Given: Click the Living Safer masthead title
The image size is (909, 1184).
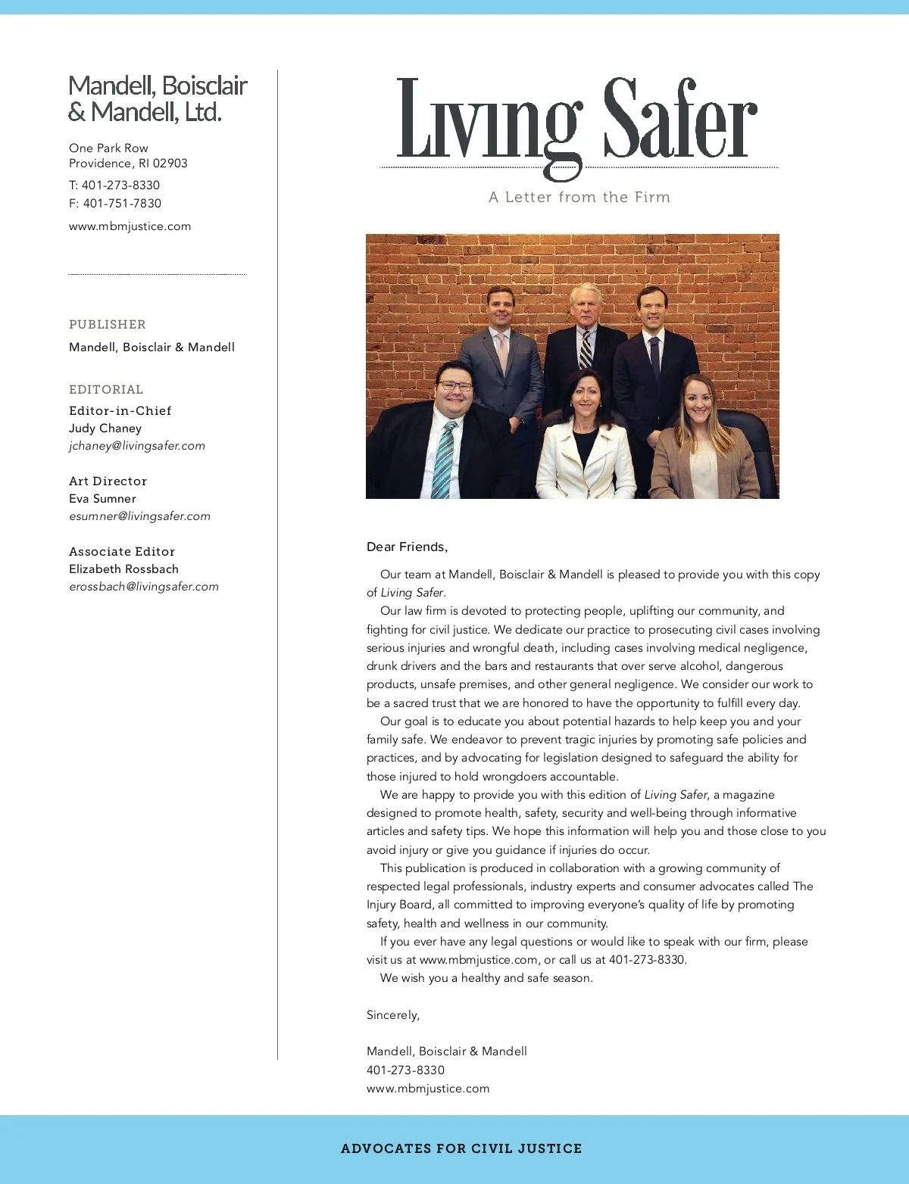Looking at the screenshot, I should pos(577,121).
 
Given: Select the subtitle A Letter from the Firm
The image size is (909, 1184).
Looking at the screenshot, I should pos(579,198).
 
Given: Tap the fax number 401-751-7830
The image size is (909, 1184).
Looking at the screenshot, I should pos(122,204).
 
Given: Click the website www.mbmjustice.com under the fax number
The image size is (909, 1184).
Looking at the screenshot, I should pos(130,226).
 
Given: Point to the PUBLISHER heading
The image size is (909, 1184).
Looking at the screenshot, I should pos(107,325).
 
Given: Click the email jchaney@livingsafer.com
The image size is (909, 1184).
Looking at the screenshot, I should pos(137,446).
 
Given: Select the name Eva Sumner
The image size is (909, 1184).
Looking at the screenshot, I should pos(102,499).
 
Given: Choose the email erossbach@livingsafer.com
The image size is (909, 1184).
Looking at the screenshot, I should pos(144,587).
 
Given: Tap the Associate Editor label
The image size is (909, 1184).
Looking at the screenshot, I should pos(122,552).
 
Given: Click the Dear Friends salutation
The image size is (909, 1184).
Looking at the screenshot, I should pos(407,547).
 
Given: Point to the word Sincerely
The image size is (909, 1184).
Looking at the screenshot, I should pos(392,1015).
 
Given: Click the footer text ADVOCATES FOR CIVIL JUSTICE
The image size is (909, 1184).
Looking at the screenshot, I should pos(461,1148).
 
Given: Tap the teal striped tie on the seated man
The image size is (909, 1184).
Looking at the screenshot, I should pos(444,462).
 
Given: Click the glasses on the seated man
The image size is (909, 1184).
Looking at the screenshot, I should pos(455,385).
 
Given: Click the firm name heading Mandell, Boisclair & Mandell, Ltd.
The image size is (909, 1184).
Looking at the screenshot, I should pos(158,98).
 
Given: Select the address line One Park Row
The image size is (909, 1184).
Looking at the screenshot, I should pos(108,148).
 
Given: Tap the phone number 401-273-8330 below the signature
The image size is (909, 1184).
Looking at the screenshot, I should pos(405,1070).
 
